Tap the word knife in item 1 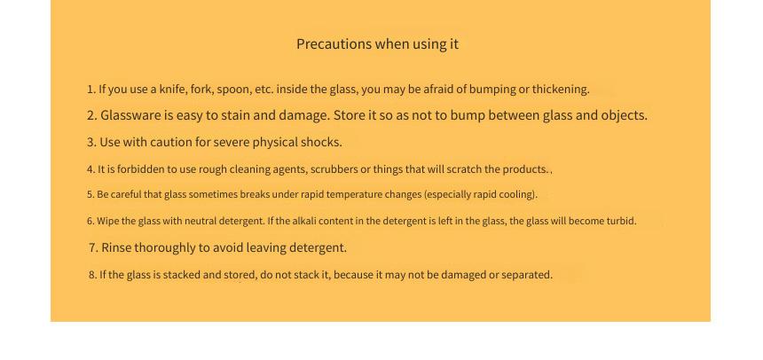click(173, 89)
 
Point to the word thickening click(561, 90)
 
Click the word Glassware click(130, 115)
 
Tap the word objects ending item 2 click(625, 116)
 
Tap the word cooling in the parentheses click(520, 194)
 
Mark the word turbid click(621, 221)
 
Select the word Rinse click(116, 247)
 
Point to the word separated click(527, 275)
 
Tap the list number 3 click(91, 142)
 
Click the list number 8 click(92, 275)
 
